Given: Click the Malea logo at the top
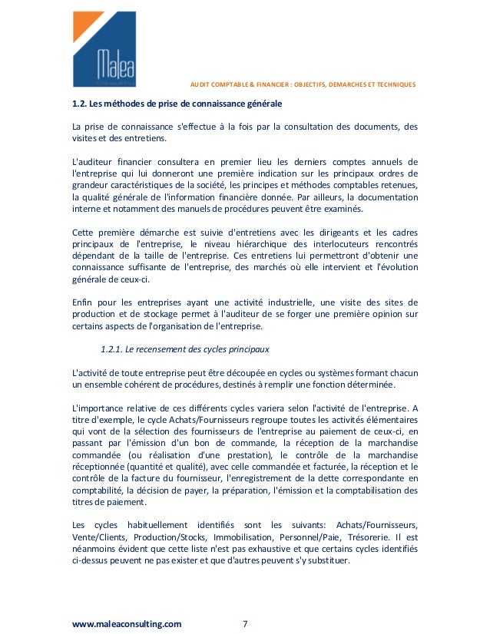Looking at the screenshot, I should [104, 49].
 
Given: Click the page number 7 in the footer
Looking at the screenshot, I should [245, 624].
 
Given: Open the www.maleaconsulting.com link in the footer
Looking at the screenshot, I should [127, 624].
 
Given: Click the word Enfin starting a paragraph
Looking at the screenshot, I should [83, 301].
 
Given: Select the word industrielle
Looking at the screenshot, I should [288, 301].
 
